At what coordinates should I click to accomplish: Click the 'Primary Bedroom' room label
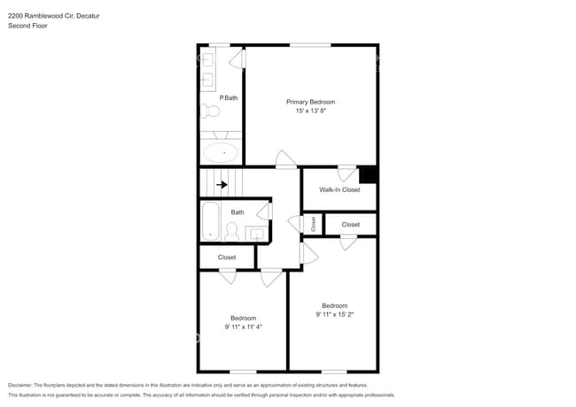pyautogui.click(x=310, y=102)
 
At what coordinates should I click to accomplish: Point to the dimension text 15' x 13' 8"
pyautogui.click(x=310, y=111)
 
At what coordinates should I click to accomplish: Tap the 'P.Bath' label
pyautogui.click(x=228, y=98)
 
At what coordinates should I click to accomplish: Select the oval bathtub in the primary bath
pyautogui.click(x=222, y=152)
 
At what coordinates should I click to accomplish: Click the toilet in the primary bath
pyautogui.click(x=211, y=111)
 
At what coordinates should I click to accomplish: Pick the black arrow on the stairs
pyautogui.click(x=222, y=185)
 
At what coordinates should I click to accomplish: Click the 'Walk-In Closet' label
pyautogui.click(x=339, y=189)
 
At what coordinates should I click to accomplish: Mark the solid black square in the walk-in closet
pyautogui.click(x=369, y=174)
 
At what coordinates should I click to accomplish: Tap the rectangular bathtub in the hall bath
pyautogui.click(x=211, y=222)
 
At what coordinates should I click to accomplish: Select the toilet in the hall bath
pyautogui.click(x=231, y=232)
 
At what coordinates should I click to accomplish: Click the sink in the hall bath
pyautogui.click(x=257, y=234)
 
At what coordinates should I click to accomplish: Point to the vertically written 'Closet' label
pyautogui.click(x=313, y=225)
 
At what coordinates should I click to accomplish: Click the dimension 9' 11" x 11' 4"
pyautogui.click(x=243, y=326)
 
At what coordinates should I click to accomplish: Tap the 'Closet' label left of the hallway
pyautogui.click(x=227, y=257)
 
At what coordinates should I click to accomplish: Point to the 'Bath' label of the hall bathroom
pyautogui.click(x=237, y=212)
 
